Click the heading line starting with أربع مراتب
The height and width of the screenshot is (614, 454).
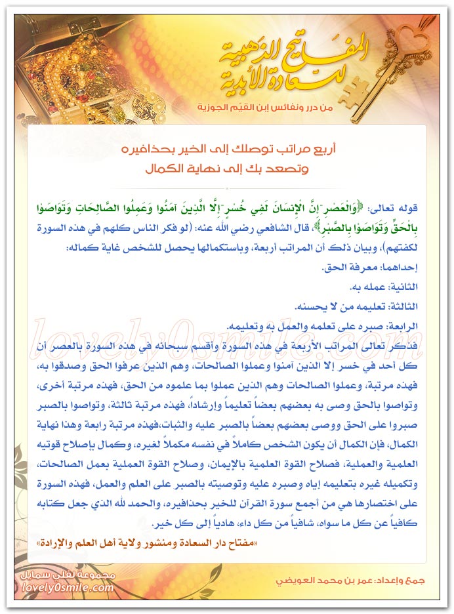(x=227, y=148)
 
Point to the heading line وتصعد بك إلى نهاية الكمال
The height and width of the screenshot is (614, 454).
(x=227, y=168)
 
